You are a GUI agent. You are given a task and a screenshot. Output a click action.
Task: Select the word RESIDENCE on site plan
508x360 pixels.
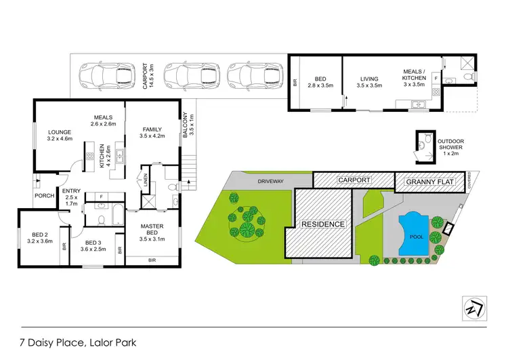tap(322, 224)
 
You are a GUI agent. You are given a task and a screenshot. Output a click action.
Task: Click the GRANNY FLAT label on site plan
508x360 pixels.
tap(431, 182)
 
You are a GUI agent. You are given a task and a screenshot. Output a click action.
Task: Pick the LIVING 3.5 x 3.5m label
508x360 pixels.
tap(370, 83)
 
